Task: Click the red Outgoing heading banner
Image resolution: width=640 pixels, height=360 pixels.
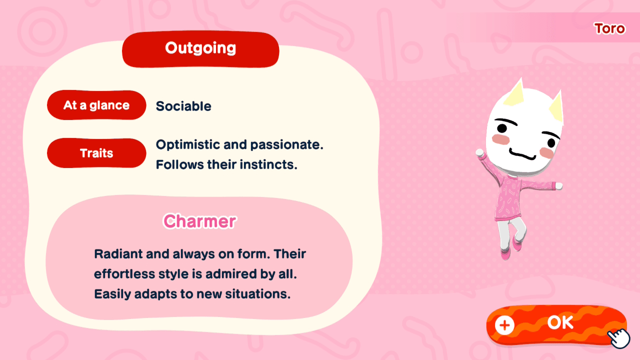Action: tap(200, 49)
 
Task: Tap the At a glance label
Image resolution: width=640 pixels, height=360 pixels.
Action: tap(96, 105)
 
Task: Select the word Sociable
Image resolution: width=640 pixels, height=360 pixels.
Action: tap(183, 106)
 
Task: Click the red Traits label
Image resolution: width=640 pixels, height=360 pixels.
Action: tap(96, 153)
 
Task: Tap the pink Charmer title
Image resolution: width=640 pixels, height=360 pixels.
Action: tap(199, 221)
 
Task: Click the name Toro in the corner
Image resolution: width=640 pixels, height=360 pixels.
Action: tap(609, 28)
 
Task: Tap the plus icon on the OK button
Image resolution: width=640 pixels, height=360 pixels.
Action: tap(504, 325)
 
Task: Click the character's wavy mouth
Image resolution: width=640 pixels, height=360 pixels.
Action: tap(523, 152)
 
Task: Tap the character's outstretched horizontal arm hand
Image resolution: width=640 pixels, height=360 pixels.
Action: tap(558, 186)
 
